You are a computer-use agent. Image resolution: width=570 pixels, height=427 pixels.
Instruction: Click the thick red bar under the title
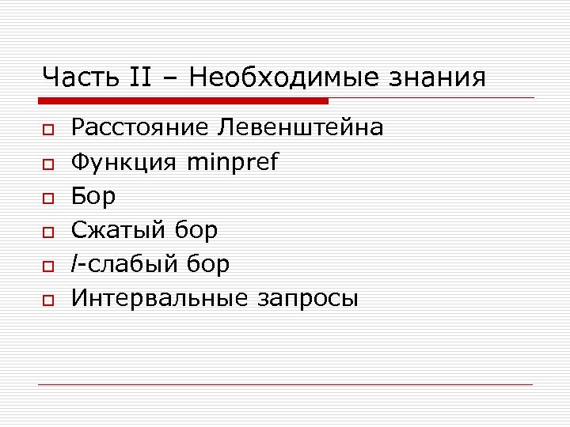tap(184, 101)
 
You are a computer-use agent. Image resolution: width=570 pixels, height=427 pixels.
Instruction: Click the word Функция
tap(123, 162)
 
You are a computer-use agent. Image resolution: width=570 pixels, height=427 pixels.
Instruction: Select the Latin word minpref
tap(233, 162)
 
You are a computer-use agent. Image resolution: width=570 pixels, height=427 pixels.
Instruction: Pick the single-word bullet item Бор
tap(93, 196)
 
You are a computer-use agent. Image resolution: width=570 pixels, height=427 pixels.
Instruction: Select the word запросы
tap(307, 300)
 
